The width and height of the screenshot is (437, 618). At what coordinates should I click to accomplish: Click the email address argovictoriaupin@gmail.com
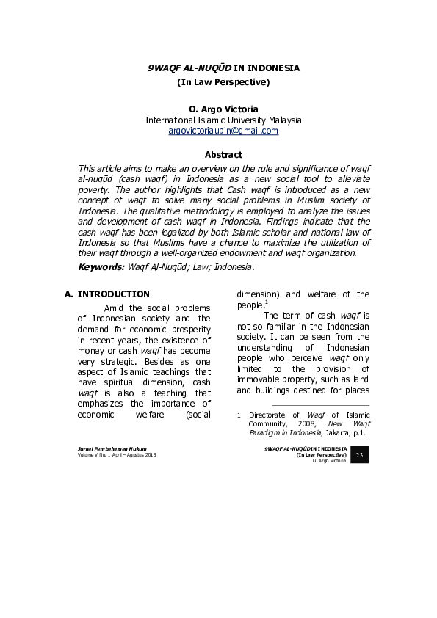point(223,131)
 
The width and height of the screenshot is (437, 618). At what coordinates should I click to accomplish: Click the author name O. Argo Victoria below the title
point(223,108)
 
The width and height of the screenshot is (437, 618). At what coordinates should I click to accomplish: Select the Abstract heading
point(223,155)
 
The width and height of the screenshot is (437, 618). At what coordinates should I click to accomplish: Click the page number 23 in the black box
point(360,456)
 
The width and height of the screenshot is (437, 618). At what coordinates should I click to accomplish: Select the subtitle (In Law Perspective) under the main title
point(224,82)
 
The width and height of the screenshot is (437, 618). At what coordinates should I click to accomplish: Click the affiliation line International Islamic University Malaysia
point(223,120)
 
